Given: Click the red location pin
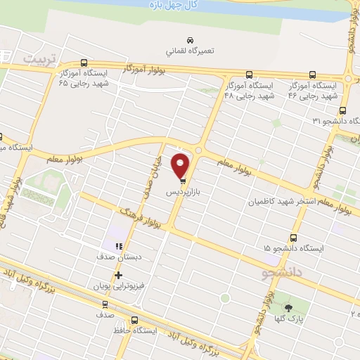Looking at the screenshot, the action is (x=181, y=166).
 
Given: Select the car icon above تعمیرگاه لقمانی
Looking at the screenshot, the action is (x=188, y=39).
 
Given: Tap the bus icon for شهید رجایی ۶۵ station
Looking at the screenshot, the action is (x=84, y=62).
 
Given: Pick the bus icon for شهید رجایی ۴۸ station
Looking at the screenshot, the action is (x=249, y=75).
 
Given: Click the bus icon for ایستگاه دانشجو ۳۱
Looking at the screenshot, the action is (x=342, y=110).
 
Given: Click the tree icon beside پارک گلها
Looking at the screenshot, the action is (x=287, y=309).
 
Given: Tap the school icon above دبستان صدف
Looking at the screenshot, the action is (x=118, y=245).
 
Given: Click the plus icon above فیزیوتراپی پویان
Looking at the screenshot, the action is (x=119, y=275).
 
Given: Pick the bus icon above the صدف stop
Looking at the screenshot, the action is (x=105, y=304).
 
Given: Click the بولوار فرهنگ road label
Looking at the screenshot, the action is (x=141, y=217).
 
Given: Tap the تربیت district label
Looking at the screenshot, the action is (x=39, y=58).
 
